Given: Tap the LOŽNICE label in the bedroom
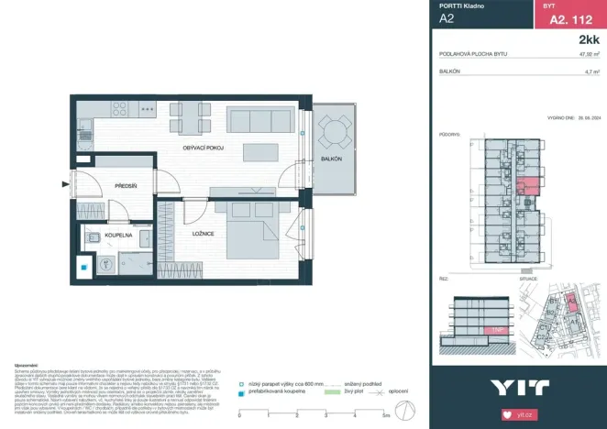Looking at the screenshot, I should click(204, 235).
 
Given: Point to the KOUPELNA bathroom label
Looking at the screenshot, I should click(119, 235).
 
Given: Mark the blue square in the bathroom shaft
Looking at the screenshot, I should click(83, 269).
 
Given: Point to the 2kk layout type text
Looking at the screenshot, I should click(589, 40).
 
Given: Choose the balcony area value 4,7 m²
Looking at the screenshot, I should click(591, 71).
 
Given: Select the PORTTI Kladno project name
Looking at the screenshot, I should click(462, 6).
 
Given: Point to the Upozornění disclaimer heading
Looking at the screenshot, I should click(17, 364).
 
